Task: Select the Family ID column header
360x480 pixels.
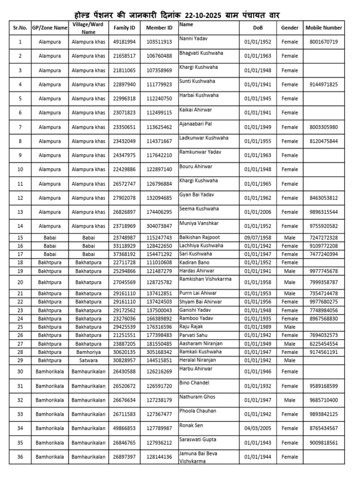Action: pyautogui.click(x=124, y=28)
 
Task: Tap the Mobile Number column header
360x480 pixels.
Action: pyautogui.click(x=323, y=28)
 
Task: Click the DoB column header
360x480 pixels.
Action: pyautogui.click(x=258, y=28)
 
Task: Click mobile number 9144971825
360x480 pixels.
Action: pyautogui.click(x=323, y=85)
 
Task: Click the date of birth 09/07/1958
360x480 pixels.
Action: pyautogui.click(x=258, y=238)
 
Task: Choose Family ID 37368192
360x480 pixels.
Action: pyautogui.click(x=124, y=254)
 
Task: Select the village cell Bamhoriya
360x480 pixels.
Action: pyautogui.click(x=88, y=352)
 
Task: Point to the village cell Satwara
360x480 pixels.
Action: pyautogui.click(x=88, y=360)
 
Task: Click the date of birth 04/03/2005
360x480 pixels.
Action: pyautogui.click(x=258, y=428)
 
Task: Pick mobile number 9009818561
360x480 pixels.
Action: pyautogui.click(x=323, y=442)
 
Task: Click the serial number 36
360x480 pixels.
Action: pyautogui.click(x=20, y=457)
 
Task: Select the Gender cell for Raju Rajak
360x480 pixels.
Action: pyautogui.click(x=290, y=327)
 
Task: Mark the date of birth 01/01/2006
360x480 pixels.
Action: pyautogui.click(x=258, y=212)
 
